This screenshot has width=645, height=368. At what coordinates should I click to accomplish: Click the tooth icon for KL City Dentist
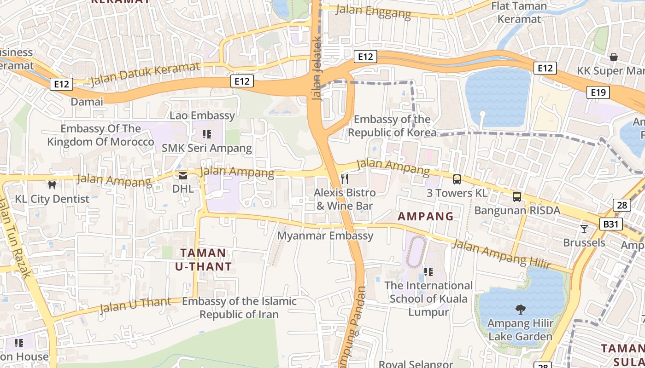click(x=52, y=185)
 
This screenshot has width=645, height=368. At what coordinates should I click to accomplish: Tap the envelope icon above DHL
click(x=183, y=175)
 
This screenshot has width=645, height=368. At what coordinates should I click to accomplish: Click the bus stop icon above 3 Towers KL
click(x=457, y=179)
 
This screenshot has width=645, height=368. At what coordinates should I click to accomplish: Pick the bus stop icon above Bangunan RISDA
click(x=517, y=197)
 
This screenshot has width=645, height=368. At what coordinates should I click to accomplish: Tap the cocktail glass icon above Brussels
click(x=584, y=229)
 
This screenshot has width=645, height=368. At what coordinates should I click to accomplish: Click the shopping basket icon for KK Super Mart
click(x=613, y=57)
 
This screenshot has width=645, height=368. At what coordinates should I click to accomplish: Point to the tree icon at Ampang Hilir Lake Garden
click(x=521, y=310)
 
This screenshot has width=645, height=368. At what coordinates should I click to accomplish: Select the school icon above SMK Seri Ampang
click(x=207, y=134)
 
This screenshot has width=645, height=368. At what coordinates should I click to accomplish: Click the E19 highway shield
click(x=598, y=92)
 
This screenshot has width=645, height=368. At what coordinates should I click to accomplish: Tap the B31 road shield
click(x=611, y=224)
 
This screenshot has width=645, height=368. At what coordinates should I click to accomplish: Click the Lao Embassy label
click(x=202, y=115)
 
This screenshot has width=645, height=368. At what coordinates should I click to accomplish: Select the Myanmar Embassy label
click(x=325, y=236)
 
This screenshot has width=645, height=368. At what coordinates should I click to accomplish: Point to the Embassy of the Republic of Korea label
click(x=392, y=126)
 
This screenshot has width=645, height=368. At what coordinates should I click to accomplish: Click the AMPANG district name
click(x=425, y=216)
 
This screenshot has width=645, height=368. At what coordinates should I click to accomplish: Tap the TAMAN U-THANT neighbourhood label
click(x=203, y=259)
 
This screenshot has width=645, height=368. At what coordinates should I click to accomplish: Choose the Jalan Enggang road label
click(x=373, y=12)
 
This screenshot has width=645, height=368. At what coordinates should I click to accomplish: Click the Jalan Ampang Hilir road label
click(x=501, y=254)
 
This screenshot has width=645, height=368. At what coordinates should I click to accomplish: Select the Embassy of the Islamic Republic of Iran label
click(x=239, y=308)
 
